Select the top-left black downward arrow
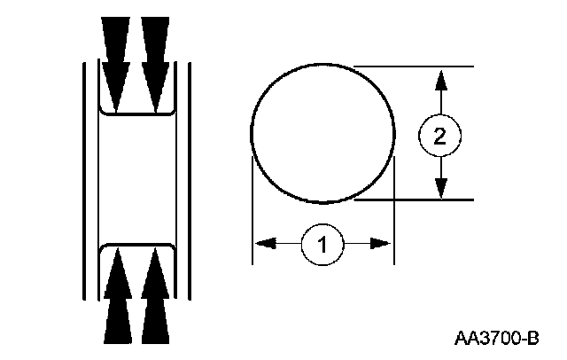tap(116, 62)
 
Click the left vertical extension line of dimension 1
tap(252, 213)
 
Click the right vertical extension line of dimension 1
tap(393, 213)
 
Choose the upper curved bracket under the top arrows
tap(136, 113)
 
